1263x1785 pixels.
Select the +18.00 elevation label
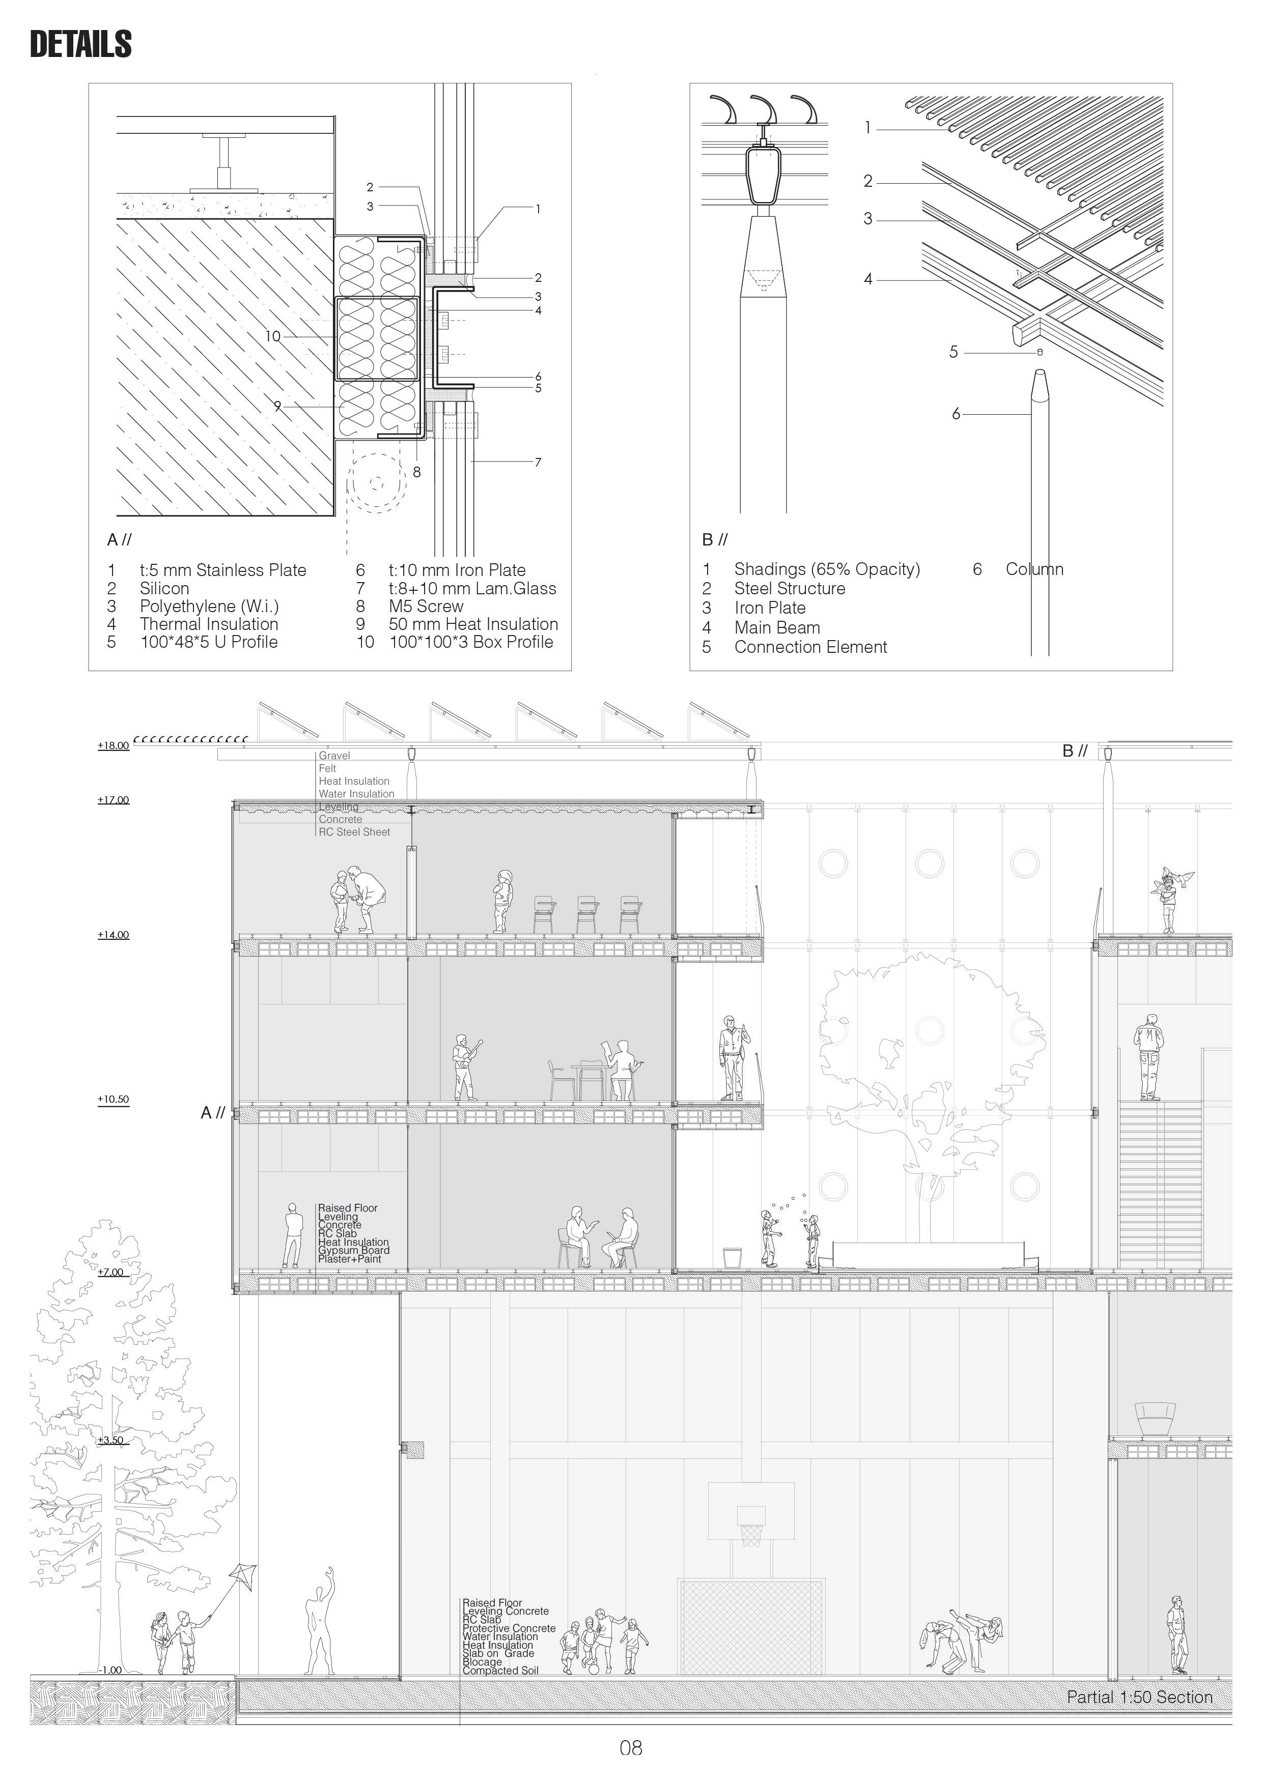point(114,745)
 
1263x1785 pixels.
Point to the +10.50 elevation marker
point(114,1099)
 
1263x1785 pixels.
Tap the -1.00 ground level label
point(111,1670)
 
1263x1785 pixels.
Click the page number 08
point(631,1748)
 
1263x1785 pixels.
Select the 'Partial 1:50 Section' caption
point(1139,1697)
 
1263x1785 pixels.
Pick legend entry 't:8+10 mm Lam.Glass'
point(472,589)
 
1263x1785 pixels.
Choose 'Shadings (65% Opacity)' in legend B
point(827,569)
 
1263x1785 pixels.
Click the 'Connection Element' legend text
point(810,647)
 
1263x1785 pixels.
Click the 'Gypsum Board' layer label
point(354,1250)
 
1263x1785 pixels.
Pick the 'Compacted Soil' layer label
point(500,1671)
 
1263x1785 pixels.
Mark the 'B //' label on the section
point(1074,751)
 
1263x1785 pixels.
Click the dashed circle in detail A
point(376,483)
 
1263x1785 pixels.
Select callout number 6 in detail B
point(956,414)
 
